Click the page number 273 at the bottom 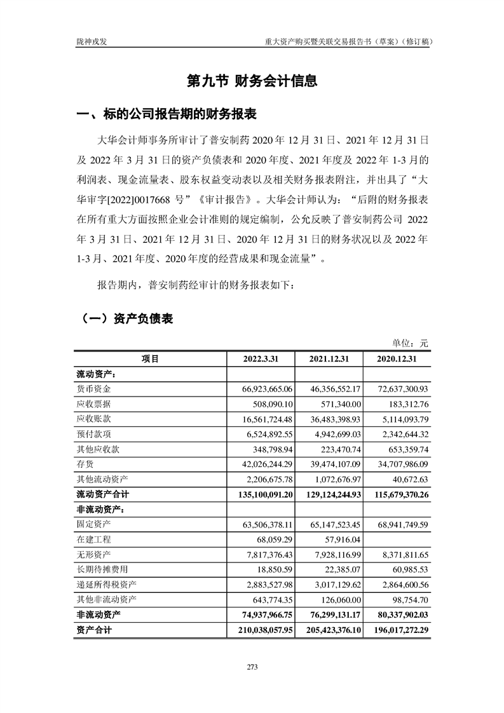click(x=252, y=667)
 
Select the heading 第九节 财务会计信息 click(x=252, y=81)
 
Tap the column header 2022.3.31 click(x=261, y=359)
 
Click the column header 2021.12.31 click(x=329, y=359)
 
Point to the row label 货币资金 click(x=93, y=388)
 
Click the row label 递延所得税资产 click(x=106, y=584)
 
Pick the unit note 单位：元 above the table click(x=411, y=343)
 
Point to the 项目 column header click(x=150, y=359)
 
